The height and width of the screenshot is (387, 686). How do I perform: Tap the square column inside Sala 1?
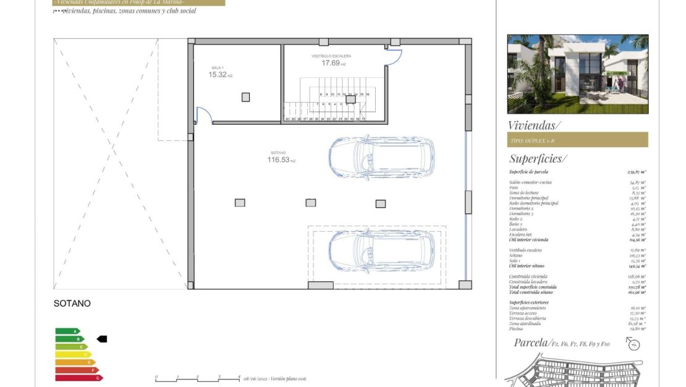[246, 97]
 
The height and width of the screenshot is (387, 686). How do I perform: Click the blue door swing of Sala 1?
[205, 115]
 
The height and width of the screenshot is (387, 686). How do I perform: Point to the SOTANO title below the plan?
[72, 304]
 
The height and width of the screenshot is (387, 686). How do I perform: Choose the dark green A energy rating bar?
[67, 331]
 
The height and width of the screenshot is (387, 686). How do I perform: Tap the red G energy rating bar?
[78, 378]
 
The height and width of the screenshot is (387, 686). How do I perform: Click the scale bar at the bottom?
[198, 378]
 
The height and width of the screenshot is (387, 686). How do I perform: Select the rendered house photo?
[577, 74]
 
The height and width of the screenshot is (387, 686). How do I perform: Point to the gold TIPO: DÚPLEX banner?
[577, 140]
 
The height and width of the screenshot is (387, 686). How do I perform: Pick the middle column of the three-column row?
[310, 203]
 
